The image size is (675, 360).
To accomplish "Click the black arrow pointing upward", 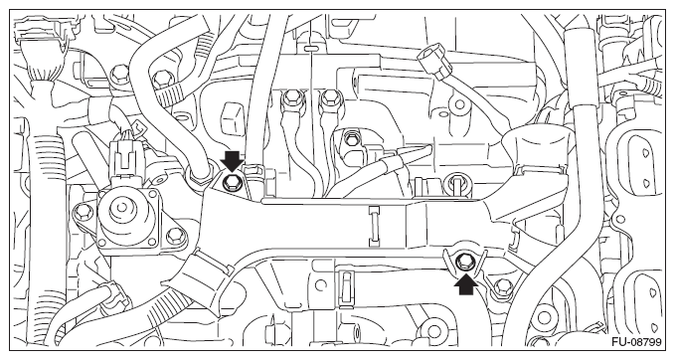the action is coord(466,284).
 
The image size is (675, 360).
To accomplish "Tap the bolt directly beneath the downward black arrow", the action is coord(232,185).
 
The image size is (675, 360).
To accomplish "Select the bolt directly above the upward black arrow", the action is coord(464,262).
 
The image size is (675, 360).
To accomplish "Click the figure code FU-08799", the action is coord(636,342).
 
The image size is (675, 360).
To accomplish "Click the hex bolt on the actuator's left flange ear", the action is coord(82,212).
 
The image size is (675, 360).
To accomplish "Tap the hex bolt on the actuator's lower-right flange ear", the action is coord(174,235).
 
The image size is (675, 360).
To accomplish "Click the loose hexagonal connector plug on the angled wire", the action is coord(432,64).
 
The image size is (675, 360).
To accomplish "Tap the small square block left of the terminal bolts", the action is coord(232,115).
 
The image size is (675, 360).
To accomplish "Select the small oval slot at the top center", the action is coord(310,47).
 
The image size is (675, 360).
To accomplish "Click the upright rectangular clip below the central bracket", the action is coord(345,287).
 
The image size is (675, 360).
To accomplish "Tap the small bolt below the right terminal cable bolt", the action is coord(351,140).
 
